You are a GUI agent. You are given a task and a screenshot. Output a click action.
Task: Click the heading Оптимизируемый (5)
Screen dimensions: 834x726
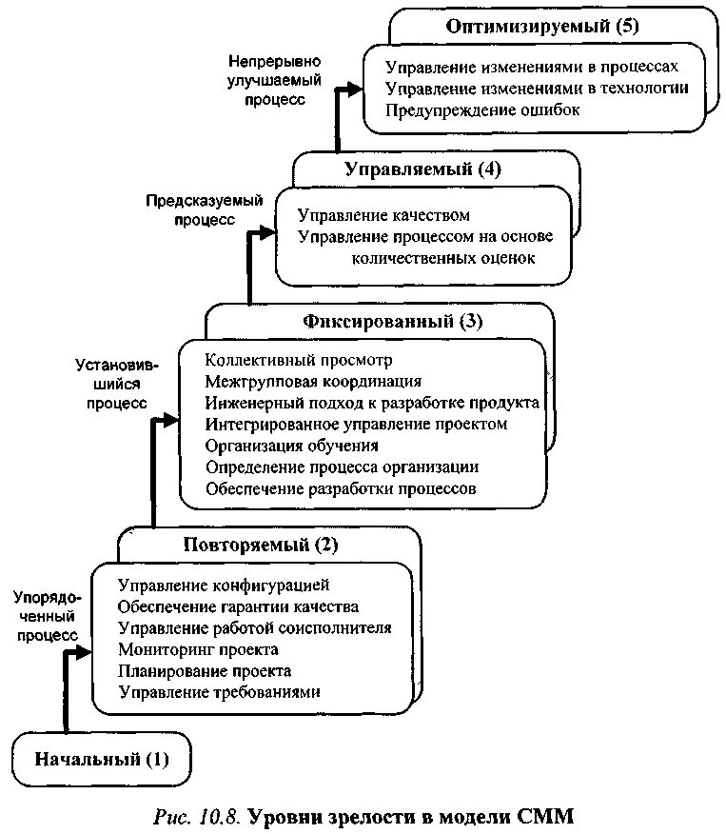coord(542,26)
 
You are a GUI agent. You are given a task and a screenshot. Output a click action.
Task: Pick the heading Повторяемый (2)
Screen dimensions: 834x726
coord(260,546)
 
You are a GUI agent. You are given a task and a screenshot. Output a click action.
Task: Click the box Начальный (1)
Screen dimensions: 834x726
coord(101,760)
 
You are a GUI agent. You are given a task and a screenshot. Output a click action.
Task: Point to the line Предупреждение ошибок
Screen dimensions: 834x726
coord(482,109)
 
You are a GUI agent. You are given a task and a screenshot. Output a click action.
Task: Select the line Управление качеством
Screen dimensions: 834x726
coord(383,215)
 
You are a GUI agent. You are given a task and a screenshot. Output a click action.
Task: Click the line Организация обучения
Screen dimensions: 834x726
coord(292,446)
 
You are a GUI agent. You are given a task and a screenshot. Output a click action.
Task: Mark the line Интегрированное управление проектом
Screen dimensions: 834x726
coord(356,424)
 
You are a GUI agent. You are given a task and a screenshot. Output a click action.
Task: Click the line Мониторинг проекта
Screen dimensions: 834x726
coord(198,649)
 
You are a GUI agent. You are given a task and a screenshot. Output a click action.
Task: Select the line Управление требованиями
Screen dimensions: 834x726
coord(219,692)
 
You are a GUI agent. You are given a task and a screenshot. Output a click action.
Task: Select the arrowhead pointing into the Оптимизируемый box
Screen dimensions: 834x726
coord(356,89)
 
